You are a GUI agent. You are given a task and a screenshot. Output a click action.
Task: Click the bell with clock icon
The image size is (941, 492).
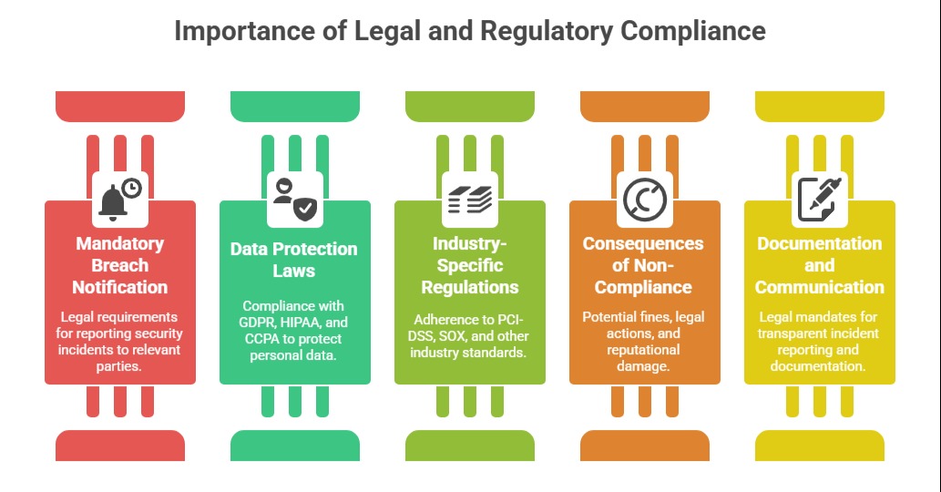click(120, 198)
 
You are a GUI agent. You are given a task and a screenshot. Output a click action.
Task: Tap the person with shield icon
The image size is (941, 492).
click(294, 198)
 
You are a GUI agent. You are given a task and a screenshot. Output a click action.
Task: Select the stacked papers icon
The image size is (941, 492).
click(469, 198)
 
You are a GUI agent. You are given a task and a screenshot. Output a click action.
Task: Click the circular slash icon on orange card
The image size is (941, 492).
click(644, 198)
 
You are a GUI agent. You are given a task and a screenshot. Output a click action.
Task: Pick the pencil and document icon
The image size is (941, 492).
click(819, 198)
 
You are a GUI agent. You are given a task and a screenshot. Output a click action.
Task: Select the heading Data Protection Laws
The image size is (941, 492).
click(293, 260)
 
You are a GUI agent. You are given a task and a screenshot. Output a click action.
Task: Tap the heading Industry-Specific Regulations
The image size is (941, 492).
click(469, 265)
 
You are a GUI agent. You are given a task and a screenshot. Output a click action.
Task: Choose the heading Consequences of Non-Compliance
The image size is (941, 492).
click(643, 265)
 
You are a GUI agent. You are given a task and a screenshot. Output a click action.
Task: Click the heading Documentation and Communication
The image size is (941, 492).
click(819, 265)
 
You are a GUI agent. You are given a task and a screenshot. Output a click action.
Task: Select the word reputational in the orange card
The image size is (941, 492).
click(643, 349)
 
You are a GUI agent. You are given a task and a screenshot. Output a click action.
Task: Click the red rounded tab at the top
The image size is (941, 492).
click(120, 106)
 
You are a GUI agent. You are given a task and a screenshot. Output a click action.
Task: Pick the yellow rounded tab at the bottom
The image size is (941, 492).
click(820, 445)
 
